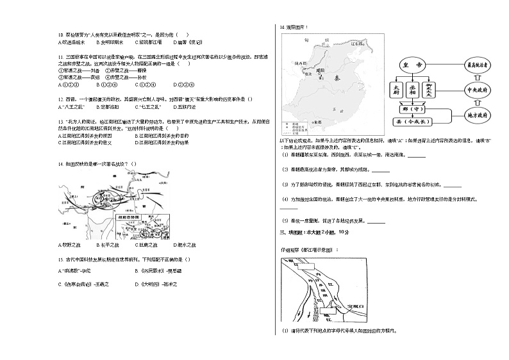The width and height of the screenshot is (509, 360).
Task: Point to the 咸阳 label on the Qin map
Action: tap(322, 70)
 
